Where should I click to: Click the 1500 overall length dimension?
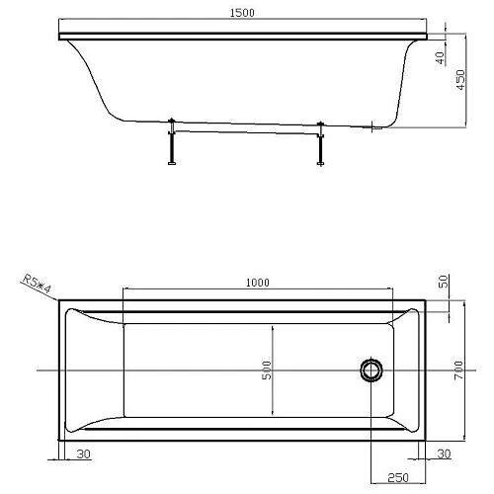pyautogui.click(x=245, y=12)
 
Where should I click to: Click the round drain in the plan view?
pyautogui.click(x=371, y=370)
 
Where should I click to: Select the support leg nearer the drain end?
pyautogui.click(x=320, y=143)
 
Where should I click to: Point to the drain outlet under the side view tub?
pyautogui.click(x=373, y=127)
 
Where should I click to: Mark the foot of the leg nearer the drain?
pyautogui.click(x=320, y=164)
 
